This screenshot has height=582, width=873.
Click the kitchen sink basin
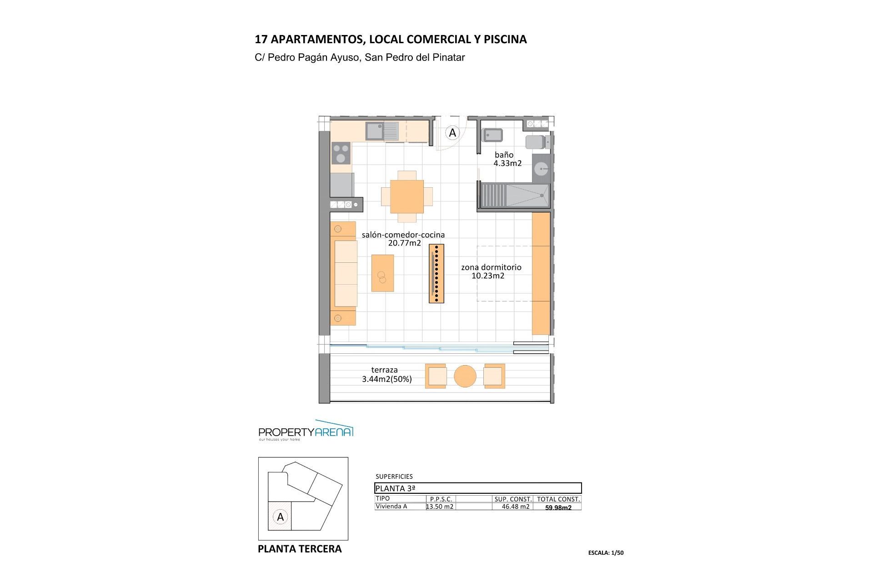(x=375, y=131)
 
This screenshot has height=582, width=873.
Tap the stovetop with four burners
(x=341, y=153)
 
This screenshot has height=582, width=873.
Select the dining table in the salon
(x=407, y=197)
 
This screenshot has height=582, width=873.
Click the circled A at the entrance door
(x=452, y=133)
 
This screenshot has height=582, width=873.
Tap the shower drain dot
(x=542, y=196)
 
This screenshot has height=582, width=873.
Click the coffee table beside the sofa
(x=383, y=273)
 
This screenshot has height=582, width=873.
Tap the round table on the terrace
(x=465, y=376)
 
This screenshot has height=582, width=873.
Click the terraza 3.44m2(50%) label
(x=387, y=375)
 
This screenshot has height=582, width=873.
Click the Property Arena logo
(x=306, y=430)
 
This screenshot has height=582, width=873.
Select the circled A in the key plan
(x=281, y=517)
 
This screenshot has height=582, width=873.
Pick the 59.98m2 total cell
(x=558, y=507)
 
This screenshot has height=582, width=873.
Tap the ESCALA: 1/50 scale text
(x=606, y=553)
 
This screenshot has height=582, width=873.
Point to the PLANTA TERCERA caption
(x=300, y=549)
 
